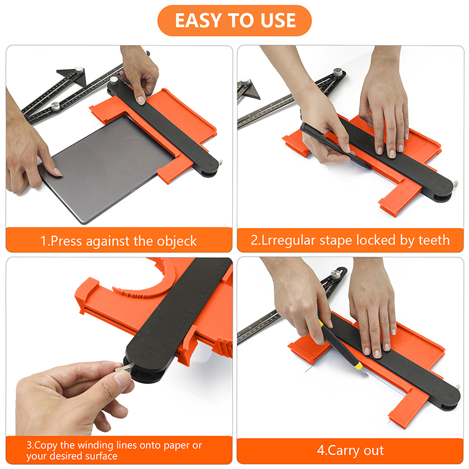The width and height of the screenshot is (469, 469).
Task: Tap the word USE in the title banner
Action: coord(278,21)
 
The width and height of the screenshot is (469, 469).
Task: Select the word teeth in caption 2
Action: coord(434,240)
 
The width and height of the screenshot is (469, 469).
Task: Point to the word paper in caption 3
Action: coord(176,446)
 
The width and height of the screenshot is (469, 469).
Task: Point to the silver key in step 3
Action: coord(123,368)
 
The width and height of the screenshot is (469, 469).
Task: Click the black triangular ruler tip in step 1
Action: coord(74,76)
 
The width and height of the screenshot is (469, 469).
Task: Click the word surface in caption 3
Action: coord(101,456)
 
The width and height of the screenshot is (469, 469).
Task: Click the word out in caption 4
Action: coord(374,450)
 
